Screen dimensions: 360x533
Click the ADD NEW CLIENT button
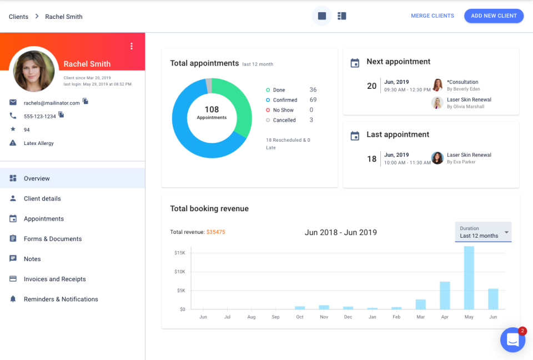[494, 16]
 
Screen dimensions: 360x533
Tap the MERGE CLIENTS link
[432, 16]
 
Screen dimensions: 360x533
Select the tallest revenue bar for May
[469, 277]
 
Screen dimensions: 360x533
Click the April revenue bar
[445, 295]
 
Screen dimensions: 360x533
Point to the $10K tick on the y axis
[179, 272]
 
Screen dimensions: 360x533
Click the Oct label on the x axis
[300, 317]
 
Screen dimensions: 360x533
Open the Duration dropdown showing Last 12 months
[483, 232]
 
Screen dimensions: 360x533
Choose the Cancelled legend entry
[284, 120]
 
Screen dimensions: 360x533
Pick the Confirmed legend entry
[285, 100]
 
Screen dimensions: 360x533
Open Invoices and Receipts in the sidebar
[54, 279]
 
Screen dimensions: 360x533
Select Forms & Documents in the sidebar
[53, 239]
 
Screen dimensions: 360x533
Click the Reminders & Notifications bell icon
[13, 299]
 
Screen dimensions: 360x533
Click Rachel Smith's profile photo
[34, 71]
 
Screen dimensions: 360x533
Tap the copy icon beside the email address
[86, 101]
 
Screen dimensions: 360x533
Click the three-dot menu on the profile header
[131, 46]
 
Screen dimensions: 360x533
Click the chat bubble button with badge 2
[512, 339]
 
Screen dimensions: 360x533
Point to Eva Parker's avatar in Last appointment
[438, 158]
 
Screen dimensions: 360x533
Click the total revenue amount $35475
[215, 232]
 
